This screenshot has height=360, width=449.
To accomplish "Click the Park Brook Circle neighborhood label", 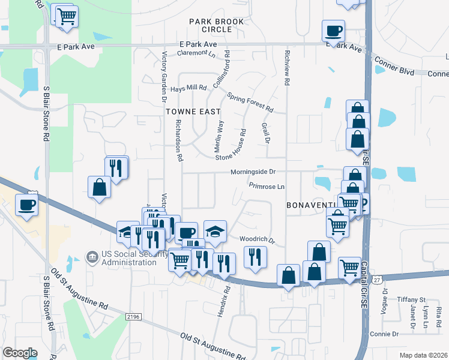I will [216, 25].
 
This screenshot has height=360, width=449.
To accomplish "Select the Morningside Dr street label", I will [253, 172].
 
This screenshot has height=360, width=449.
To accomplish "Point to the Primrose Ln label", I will [267, 187].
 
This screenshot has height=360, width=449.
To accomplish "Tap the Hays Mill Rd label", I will [188, 88].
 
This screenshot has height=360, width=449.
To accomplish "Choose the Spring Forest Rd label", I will [250, 103].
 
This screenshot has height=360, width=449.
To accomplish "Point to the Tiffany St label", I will [411, 299].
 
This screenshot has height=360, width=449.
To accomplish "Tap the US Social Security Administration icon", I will [92, 257].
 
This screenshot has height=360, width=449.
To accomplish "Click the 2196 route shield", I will [133, 316].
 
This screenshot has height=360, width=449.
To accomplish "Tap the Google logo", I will [20, 353].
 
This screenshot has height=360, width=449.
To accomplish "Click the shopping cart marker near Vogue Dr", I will [349, 267].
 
